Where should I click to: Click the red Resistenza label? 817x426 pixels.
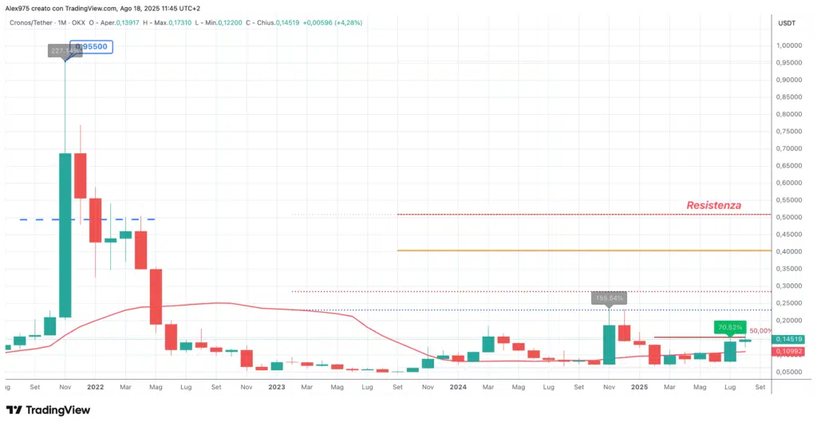[713, 205]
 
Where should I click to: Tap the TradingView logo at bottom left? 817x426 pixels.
[48, 410]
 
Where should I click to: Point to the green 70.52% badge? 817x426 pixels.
[730, 326]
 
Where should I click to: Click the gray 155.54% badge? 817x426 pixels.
[609, 298]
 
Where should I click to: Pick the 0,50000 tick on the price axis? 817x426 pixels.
[791, 217]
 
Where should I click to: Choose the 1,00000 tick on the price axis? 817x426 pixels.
[791, 45]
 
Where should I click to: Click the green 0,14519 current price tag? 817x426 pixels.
[791, 339]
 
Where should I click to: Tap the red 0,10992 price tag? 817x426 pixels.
[791, 351]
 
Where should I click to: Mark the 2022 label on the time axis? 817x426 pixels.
[94, 387]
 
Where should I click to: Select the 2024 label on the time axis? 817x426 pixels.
[458, 387]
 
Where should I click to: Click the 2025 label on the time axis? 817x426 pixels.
[639, 387]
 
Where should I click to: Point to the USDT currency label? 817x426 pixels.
[787, 23]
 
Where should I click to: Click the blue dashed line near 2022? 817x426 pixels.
[80, 219]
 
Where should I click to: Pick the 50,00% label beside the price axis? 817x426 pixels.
[761, 330]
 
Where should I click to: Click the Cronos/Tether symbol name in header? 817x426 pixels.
[30, 22]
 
